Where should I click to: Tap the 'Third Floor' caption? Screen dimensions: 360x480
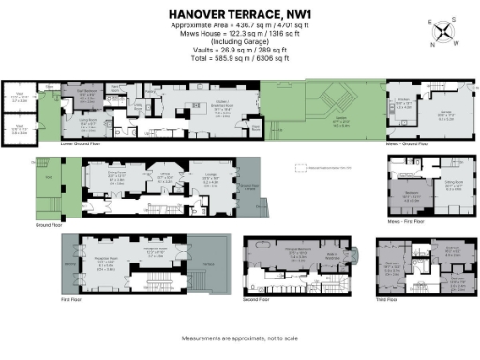tap(388, 299)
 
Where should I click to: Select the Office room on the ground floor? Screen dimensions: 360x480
tap(161, 174)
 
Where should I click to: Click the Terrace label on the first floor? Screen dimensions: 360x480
tap(208, 266)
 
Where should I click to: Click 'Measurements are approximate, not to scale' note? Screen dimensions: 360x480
tap(240, 337)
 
